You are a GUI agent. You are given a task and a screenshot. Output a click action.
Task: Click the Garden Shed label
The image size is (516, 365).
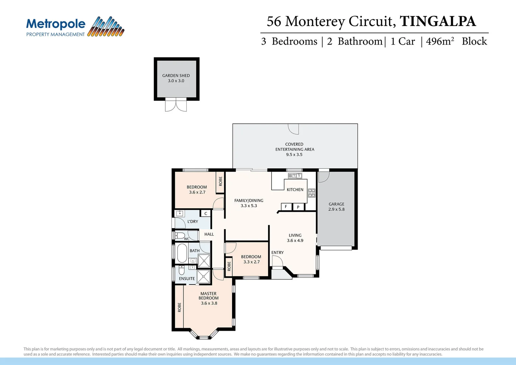[x=176, y=76]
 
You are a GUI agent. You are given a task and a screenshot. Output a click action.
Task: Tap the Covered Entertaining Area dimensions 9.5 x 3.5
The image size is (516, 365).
[x=294, y=154]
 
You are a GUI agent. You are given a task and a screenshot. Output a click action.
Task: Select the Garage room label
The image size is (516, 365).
[x=336, y=204]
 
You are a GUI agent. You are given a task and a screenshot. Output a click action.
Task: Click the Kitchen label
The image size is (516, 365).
[x=295, y=190]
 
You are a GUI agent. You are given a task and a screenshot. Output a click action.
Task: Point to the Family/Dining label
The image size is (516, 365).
[x=249, y=200]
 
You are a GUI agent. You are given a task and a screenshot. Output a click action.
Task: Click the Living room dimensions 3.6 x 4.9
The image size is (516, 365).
[x=295, y=241]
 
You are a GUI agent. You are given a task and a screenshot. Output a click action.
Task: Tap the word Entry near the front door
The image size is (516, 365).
[x=277, y=252]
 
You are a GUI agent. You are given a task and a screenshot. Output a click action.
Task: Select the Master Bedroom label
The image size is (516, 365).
[x=208, y=296]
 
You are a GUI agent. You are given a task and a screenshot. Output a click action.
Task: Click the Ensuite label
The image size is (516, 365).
[x=187, y=278]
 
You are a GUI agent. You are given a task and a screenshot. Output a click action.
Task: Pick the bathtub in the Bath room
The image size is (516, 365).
[x=182, y=253]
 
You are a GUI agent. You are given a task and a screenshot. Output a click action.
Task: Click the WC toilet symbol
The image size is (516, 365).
[x=180, y=235]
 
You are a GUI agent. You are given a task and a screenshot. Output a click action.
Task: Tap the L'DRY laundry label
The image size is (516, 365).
[x=192, y=221]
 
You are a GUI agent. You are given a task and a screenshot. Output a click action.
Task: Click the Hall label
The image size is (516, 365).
[x=209, y=234]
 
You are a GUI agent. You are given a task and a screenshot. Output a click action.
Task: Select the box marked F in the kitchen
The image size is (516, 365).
[x=286, y=207]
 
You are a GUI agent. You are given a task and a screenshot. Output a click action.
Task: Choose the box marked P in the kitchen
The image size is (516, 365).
[x=298, y=207]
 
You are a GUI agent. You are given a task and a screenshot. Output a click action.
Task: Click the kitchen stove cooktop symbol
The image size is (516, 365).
[x=311, y=193]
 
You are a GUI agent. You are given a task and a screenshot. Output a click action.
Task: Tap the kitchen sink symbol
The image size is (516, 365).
[x=295, y=176]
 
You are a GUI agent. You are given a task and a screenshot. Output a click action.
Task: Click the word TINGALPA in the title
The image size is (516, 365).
[x=438, y=21]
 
